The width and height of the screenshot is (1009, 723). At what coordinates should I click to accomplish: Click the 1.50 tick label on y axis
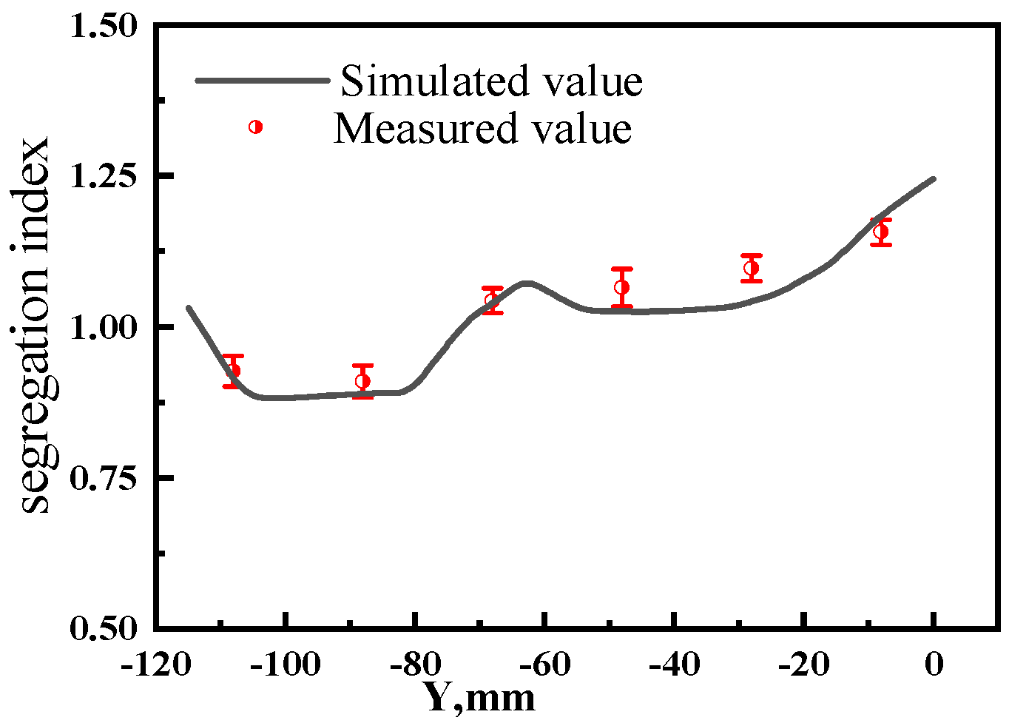[104, 27]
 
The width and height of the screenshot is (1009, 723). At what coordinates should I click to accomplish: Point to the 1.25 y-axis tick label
[104, 177]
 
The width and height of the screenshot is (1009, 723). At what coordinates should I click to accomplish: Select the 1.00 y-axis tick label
[104, 327]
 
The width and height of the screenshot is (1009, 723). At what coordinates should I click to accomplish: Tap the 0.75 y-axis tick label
[104, 478]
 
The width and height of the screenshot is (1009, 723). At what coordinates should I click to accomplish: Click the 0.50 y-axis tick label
[104, 628]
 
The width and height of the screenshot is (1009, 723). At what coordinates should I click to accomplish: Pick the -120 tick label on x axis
[155, 665]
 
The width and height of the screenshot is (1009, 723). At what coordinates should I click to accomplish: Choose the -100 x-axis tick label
[285, 665]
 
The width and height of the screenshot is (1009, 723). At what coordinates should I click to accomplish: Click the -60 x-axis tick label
[544, 665]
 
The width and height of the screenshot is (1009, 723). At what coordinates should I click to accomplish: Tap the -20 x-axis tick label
[803, 665]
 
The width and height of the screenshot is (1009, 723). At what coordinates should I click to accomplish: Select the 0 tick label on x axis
[934, 665]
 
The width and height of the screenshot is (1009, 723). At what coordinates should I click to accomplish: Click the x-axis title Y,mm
[479, 698]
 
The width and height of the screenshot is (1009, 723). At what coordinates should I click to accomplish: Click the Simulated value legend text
[491, 81]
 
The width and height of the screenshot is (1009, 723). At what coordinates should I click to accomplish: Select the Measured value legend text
[482, 128]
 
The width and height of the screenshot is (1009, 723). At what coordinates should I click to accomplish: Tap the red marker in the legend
[256, 127]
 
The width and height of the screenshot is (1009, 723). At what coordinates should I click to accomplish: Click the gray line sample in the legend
[262, 80]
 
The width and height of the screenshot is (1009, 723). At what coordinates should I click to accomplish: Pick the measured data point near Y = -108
[233, 371]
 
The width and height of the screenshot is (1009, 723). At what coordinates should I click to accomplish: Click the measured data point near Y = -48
[622, 287]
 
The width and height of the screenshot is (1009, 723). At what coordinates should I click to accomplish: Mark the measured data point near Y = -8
[880, 232]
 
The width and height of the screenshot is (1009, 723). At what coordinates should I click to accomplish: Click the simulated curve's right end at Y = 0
[934, 179]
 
